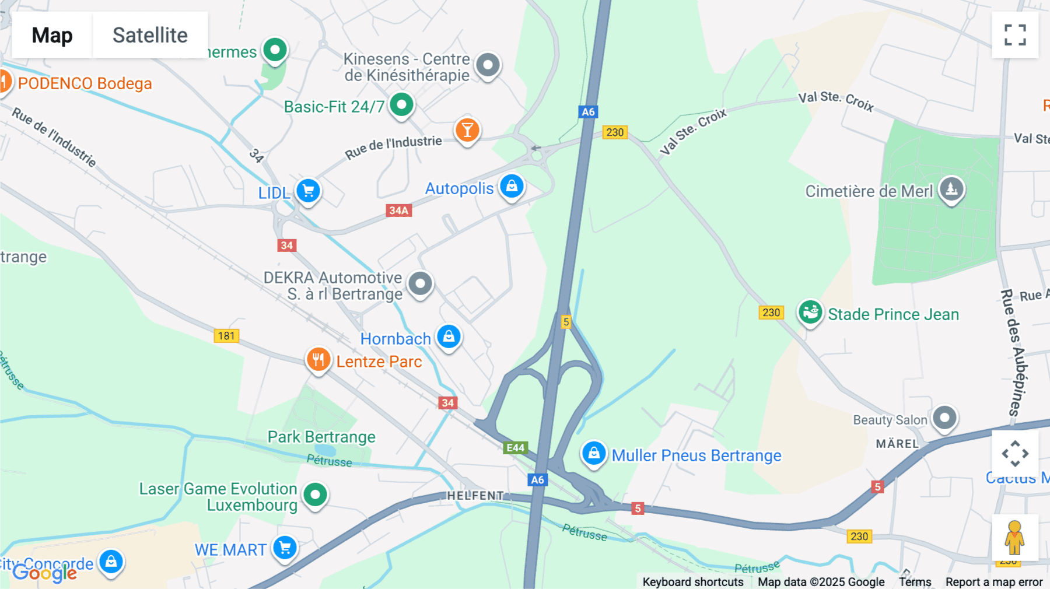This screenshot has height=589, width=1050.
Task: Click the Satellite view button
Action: (x=150, y=35)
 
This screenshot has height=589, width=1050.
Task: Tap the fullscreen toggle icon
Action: (x=1015, y=35)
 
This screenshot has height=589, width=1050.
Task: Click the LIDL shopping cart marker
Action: (x=308, y=191)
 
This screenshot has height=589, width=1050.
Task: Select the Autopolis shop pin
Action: (x=512, y=186)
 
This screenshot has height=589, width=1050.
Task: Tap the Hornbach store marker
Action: (x=449, y=336)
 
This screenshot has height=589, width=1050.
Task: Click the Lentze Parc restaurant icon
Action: (x=318, y=360)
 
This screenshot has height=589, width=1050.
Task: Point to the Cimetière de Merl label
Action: (x=869, y=191)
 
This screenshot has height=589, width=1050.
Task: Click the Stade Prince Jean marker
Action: (x=810, y=312)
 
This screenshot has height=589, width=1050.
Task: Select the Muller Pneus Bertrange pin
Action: (x=594, y=453)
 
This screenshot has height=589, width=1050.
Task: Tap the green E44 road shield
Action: (x=515, y=447)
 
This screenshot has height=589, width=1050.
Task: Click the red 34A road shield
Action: (x=399, y=211)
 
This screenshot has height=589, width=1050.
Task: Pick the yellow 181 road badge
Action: (x=226, y=336)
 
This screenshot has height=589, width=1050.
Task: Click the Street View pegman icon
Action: (x=1014, y=537)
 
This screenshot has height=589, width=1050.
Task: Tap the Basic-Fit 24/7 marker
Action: (x=401, y=105)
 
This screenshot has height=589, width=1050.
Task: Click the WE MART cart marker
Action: (x=285, y=548)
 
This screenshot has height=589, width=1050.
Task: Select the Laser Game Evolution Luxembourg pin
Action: (x=316, y=495)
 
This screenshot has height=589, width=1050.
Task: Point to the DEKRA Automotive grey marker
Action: (x=420, y=284)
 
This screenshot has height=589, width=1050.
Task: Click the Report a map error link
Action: (x=993, y=582)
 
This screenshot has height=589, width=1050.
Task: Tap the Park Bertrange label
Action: (x=321, y=437)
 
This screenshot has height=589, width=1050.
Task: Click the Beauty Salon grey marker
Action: (x=944, y=418)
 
